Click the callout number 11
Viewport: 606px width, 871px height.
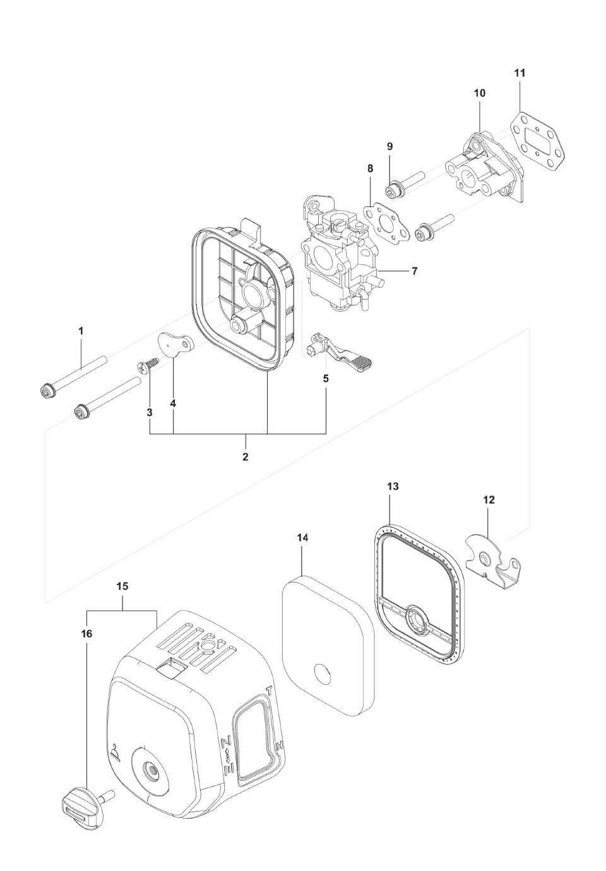(519, 73)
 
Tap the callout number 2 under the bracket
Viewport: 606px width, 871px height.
(245, 456)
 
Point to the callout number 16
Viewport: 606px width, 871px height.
(86, 633)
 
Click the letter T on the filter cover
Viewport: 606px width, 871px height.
(270, 690)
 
